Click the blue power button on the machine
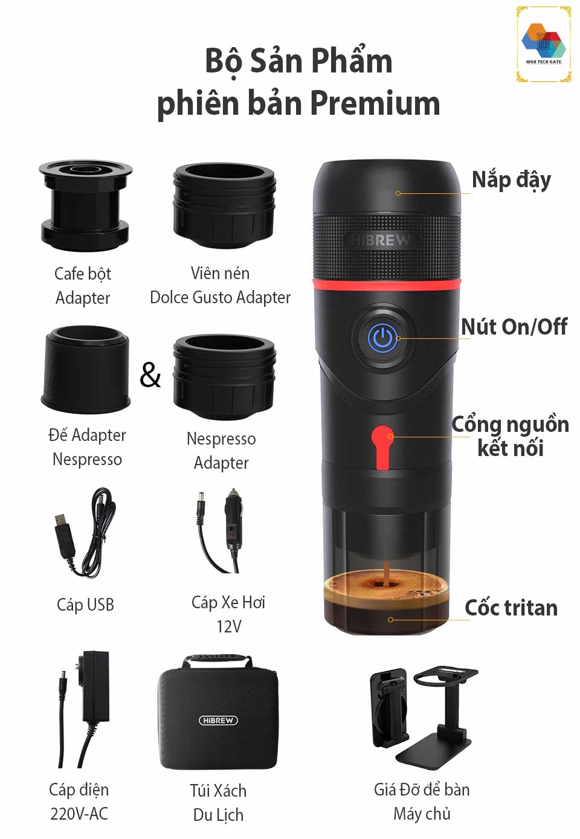tap(382, 338)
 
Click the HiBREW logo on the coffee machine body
tap(381, 240)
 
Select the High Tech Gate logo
tap(544, 44)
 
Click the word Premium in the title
tap(375, 103)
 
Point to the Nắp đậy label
tap(512, 180)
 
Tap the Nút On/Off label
tap(514, 327)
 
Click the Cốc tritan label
tap(511, 608)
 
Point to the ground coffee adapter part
tap(85, 205)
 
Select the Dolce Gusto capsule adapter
tap(224, 205)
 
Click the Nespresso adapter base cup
tap(86, 369)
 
